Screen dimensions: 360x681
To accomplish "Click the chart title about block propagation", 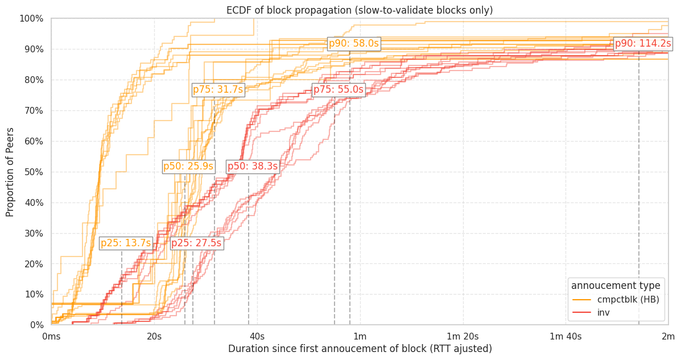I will pos(360,10).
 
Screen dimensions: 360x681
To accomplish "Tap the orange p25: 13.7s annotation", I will pos(126,243).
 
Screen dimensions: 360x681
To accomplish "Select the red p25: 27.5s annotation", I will pos(196,243).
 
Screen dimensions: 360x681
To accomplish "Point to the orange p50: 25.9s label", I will pos(188,167).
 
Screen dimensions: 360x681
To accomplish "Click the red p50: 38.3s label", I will pos(253,167).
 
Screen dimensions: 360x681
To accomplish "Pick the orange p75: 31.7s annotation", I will pos(218,90).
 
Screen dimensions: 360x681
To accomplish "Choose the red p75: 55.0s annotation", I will pos(339,90).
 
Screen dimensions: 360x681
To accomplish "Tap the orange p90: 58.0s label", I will pos(354,44).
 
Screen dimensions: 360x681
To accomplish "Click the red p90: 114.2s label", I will pos(643,44).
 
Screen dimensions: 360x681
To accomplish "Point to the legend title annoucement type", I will pos(616,285).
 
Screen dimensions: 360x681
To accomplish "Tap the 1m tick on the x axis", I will pos(360,336).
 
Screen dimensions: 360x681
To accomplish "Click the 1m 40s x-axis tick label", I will pos(566,336).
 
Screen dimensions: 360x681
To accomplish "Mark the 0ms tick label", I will pos(51,336).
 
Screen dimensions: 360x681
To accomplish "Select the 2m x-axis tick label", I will pos(668,336).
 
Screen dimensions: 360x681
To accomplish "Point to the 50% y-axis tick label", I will pos(32,172).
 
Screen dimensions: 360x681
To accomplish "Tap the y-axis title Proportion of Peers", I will pos(10,172).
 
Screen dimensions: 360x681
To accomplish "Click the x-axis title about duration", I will pos(360,349).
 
